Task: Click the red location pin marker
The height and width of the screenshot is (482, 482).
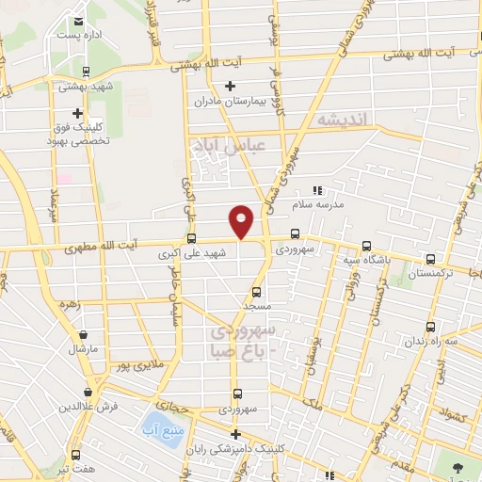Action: coord(242,221)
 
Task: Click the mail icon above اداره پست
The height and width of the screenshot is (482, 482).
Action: coord(77,19)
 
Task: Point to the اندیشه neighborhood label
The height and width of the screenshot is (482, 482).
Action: coord(346,120)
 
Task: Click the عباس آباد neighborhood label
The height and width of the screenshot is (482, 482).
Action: coord(231,145)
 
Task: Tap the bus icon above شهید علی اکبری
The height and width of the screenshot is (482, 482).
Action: coord(192,238)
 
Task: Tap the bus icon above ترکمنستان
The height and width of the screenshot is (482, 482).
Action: coord(430,258)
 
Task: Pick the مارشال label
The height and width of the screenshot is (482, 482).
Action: coord(83,348)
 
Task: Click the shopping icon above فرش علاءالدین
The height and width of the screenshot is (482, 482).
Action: coord(88,392)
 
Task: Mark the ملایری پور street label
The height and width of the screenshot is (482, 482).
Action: coord(144,361)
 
